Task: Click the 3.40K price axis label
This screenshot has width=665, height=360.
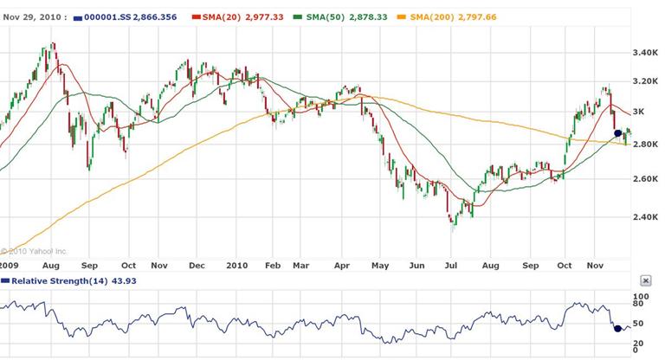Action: click(x=646, y=53)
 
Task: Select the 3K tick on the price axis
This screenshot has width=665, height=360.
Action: click(x=642, y=112)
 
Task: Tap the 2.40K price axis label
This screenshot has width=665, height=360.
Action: click(x=646, y=217)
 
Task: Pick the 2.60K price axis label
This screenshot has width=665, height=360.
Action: click(x=646, y=179)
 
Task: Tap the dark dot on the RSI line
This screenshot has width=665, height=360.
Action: click(x=617, y=328)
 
